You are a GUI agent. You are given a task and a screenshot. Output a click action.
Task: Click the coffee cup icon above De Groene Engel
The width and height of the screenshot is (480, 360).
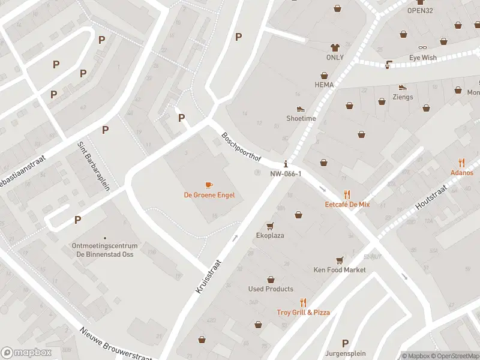pos(209,185)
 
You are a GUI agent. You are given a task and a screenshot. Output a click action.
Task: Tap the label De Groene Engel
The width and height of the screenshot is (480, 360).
pos(209,195)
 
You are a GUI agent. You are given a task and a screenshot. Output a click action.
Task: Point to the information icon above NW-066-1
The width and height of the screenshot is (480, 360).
pos(286,163)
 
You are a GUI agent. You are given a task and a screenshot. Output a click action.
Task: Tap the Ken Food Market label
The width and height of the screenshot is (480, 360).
pos(340,270)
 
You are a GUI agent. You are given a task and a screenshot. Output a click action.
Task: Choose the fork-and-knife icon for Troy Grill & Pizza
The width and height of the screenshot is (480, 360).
pos(303,303)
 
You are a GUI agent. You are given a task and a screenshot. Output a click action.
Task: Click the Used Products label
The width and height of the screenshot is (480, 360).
pos(271,289)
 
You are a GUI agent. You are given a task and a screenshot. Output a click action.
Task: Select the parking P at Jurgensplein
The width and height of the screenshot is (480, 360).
pos(344,343)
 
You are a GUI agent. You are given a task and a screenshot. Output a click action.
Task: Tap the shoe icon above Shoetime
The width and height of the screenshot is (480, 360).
pos(301,109)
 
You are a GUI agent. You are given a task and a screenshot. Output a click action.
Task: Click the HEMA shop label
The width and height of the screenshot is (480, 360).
pos(324,85)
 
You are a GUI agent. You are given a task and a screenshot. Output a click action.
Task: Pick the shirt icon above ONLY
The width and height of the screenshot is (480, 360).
pos(335,47)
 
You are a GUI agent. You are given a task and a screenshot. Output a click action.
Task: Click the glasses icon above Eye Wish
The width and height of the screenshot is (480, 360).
pos(423,48)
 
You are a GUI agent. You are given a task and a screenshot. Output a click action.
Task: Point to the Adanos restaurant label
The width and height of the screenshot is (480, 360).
pos(461,173)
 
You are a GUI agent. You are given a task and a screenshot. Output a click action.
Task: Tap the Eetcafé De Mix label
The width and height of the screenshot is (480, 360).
pos(347,205)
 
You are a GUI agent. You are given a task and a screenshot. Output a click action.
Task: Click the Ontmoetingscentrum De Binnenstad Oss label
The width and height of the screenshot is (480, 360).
pos(105,250)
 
